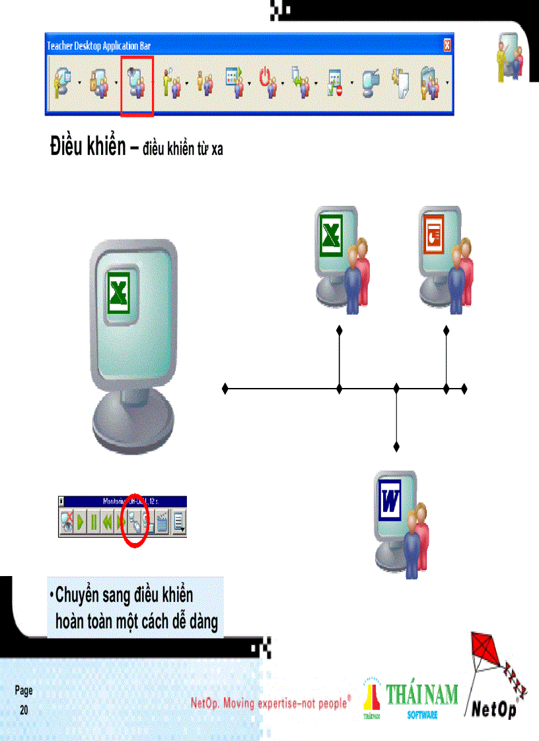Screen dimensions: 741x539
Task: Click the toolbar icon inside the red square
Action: tap(137, 84)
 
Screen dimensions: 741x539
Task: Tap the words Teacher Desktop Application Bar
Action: tap(98, 46)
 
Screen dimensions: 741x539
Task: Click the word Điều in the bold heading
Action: tap(68, 146)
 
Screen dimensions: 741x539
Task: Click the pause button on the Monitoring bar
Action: tap(94, 524)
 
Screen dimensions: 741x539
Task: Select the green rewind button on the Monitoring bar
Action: tap(107, 524)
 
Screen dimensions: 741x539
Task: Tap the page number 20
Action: tap(24, 710)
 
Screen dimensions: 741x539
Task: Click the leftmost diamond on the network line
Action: tap(225, 388)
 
